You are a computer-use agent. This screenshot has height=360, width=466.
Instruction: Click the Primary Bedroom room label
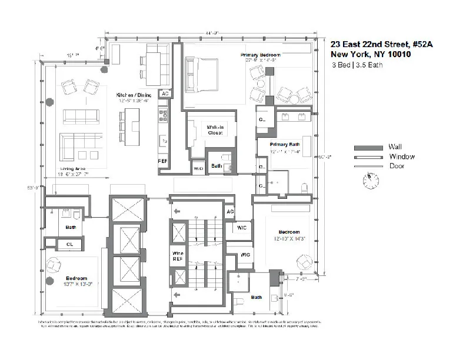[x=261, y=55]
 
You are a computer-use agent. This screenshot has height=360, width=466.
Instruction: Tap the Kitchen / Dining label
[x=133, y=95]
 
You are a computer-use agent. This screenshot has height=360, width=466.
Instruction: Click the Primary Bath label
[x=284, y=144]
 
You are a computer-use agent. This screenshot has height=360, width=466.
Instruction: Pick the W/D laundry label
[x=198, y=168]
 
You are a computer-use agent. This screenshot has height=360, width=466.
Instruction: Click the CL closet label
[x=69, y=243]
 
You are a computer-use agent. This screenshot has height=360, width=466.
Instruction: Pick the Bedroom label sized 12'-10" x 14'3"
[x=285, y=232]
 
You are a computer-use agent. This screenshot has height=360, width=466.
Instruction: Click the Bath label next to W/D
[x=217, y=166]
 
